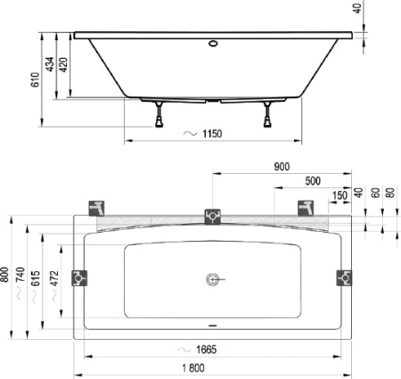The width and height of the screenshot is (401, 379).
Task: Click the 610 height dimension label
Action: pyautogui.click(x=35, y=79)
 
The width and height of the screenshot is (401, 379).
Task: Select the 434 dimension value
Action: pyautogui.click(x=50, y=64)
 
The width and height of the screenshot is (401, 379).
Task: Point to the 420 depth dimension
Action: pyautogui.click(x=63, y=64)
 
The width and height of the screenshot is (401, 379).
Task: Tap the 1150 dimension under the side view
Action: pyautogui.click(x=212, y=134)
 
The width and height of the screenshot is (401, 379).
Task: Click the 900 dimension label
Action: pyautogui.click(x=282, y=167)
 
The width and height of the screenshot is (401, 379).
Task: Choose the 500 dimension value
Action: pyautogui.click(x=313, y=181)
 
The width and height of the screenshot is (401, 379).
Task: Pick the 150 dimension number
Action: pyautogui.click(x=340, y=195)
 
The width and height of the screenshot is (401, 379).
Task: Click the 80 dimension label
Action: pyautogui.click(x=391, y=193)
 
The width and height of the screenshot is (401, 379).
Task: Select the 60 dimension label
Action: pyautogui.click(x=375, y=193)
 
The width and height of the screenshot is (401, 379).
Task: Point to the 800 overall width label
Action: pyautogui.click(x=4, y=275)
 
